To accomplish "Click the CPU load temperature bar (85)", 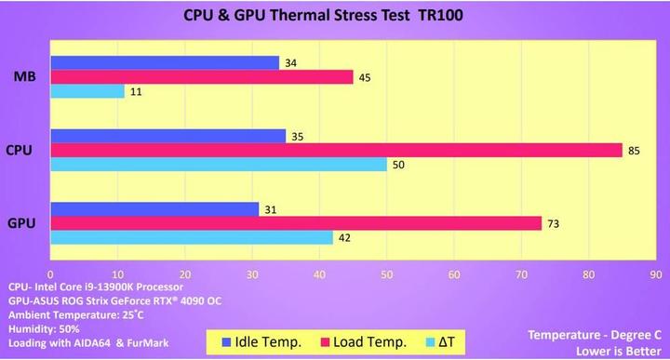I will pos(336,150).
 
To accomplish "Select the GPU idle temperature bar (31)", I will pos(154,209).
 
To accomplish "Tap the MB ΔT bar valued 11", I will pos(87,91).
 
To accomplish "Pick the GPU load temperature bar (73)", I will pos(296,223).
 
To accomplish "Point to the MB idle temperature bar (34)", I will pos(165,62).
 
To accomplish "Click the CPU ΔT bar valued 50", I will pos(219,165).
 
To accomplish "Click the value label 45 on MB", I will pos(365,77).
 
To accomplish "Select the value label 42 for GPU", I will pos(344,238).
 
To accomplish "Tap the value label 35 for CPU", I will pos(298,136).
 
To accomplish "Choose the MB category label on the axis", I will pos(25,77).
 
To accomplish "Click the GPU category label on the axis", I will pos(23,223).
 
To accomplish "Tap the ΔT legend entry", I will pos(443,341).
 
